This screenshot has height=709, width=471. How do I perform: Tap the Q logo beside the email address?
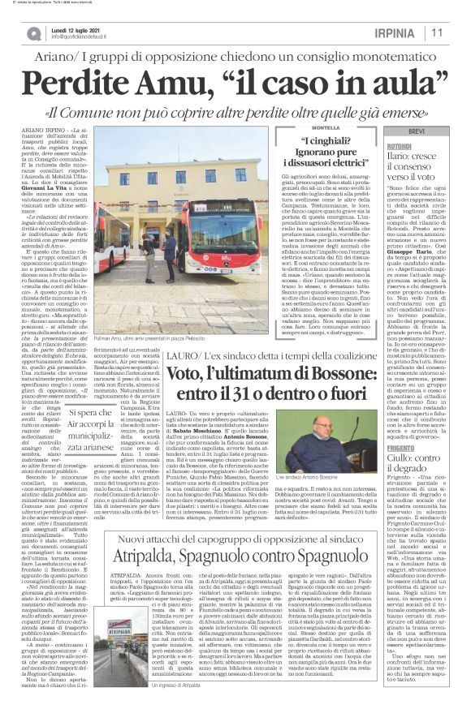pos(33,33)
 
